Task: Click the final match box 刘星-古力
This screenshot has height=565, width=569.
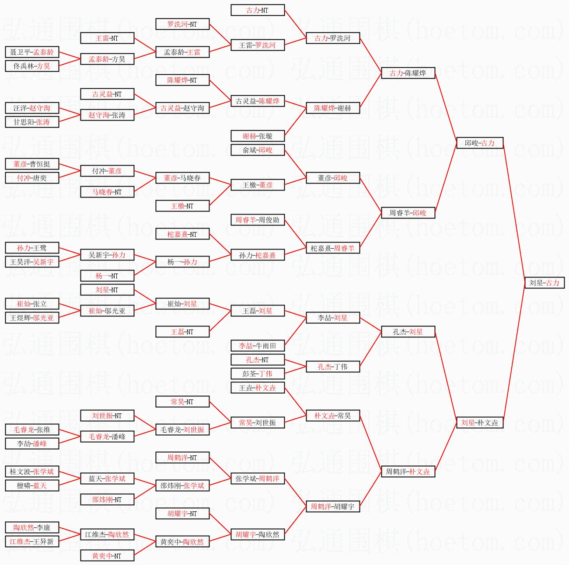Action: [544, 283]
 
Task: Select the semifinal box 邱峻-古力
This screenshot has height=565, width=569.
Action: [479, 143]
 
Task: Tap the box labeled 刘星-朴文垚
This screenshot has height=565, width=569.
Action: [479, 423]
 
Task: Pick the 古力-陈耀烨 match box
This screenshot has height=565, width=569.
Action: [408, 73]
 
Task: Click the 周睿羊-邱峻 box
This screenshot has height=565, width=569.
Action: [408, 213]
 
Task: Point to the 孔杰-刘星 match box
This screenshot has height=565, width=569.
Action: [408, 332]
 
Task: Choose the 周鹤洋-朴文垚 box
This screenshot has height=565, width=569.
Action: [408, 471]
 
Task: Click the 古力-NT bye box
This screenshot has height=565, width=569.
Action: [257, 10]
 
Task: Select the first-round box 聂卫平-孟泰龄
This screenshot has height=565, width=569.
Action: [32, 52]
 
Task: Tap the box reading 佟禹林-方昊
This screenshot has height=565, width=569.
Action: [32, 66]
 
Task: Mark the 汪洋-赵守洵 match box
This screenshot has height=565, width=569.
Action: [32, 108]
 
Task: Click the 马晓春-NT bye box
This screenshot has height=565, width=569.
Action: [107, 192]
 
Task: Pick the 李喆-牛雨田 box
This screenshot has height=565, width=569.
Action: [257, 346]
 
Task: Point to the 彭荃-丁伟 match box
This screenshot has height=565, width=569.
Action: [257, 374]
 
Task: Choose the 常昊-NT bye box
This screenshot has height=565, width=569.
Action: [182, 402]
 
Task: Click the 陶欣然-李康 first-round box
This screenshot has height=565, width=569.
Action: [32, 527]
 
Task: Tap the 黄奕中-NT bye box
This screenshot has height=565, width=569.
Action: [107, 555]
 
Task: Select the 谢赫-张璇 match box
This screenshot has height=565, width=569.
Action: [257, 136]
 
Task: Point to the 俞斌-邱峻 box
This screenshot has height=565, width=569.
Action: [257, 150]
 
